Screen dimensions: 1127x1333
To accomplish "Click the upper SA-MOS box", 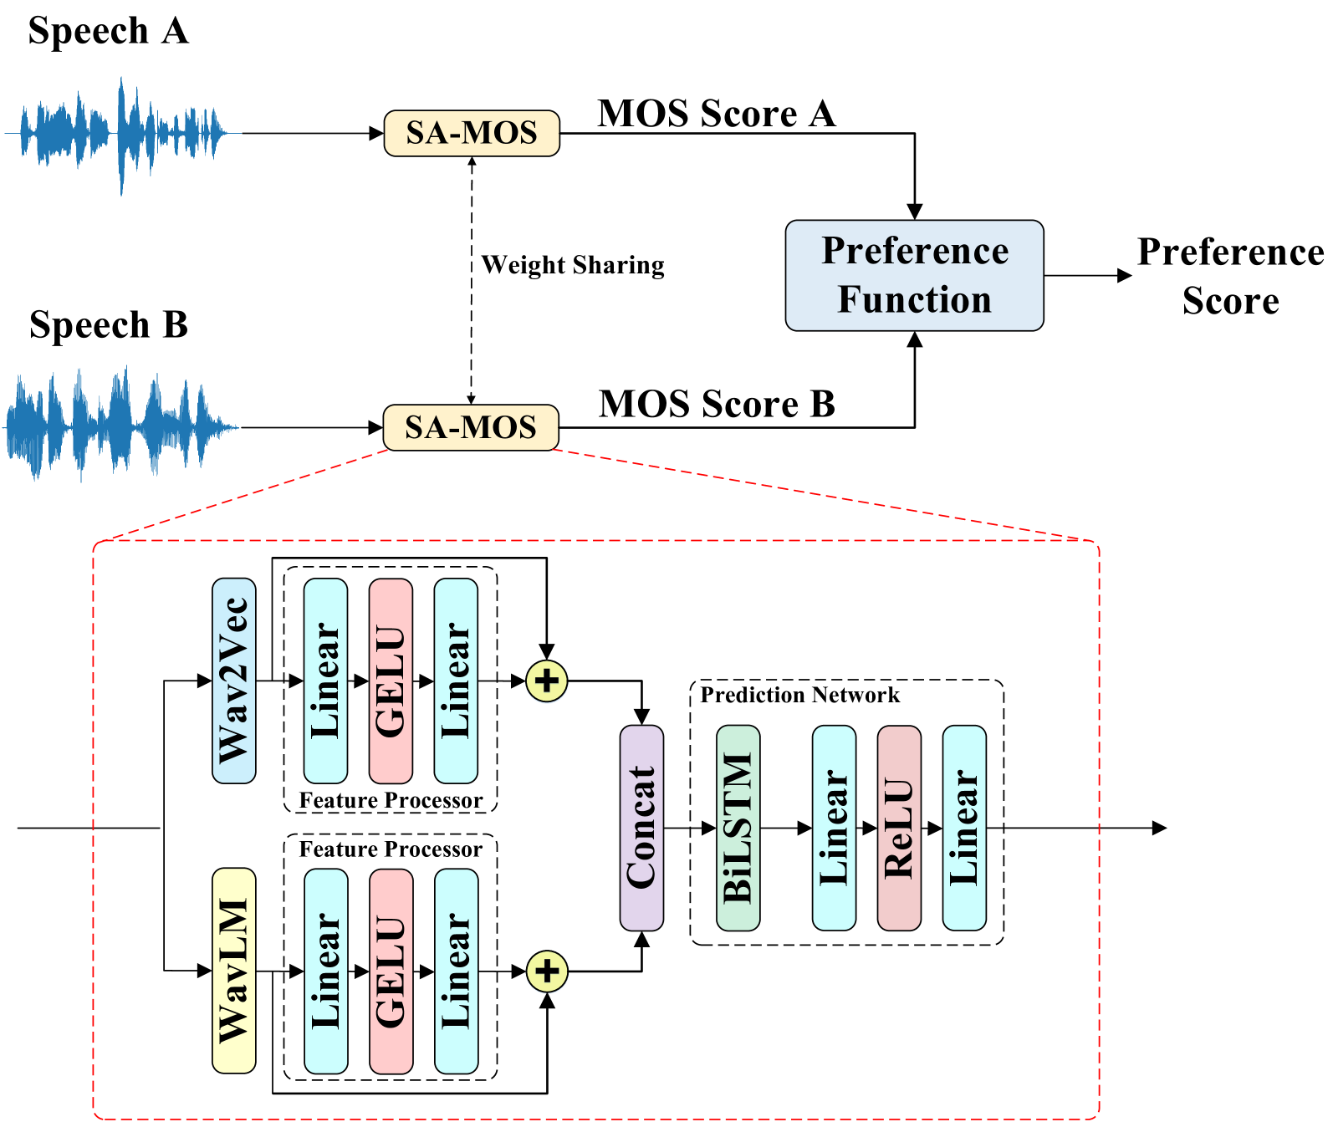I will click(x=472, y=133).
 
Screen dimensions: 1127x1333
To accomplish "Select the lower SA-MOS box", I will click(x=471, y=427).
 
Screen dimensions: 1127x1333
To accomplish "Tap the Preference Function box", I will click(x=914, y=275).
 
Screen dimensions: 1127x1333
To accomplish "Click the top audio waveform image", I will click(x=123, y=135).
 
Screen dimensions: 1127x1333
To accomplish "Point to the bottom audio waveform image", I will click(x=120, y=424).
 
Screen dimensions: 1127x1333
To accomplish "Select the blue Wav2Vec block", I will click(x=234, y=681).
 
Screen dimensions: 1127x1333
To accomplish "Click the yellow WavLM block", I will click(x=234, y=971).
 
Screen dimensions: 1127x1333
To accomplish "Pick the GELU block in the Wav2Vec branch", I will click(x=391, y=681).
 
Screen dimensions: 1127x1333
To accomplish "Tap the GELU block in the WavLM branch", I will click(x=391, y=971).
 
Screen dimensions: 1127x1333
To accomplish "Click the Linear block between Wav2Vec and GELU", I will click(x=325, y=681).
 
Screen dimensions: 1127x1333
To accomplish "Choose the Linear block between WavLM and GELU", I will click(x=325, y=971).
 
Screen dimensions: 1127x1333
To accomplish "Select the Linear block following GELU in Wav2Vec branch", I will click(x=456, y=681).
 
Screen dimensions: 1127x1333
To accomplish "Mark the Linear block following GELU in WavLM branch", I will click(x=456, y=971).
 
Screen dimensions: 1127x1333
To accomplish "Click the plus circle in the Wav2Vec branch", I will click(x=547, y=681).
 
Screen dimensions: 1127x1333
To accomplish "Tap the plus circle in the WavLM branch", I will click(x=547, y=971).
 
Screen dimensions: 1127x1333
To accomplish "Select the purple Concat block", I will click(x=641, y=828).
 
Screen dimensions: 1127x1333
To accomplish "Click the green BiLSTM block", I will click(x=738, y=828).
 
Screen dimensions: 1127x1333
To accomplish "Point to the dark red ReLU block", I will click(x=899, y=828).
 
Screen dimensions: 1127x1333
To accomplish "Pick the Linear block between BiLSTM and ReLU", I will click(x=834, y=828).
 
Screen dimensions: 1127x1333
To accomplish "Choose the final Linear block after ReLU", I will click(x=964, y=828).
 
